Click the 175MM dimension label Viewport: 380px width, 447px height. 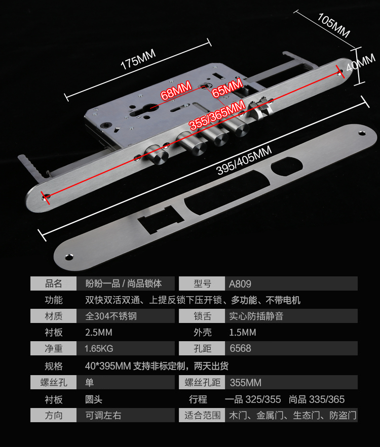point(138,60)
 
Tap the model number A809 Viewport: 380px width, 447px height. point(240,283)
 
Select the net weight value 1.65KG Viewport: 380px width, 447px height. point(99,349)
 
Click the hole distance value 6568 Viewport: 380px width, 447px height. point(240,349)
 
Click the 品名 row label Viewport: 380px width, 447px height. point(54,283)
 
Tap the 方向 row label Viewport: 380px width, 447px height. point(54,416)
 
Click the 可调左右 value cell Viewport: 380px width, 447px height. point(103,416)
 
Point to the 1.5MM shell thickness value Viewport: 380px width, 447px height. point(243,333)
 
